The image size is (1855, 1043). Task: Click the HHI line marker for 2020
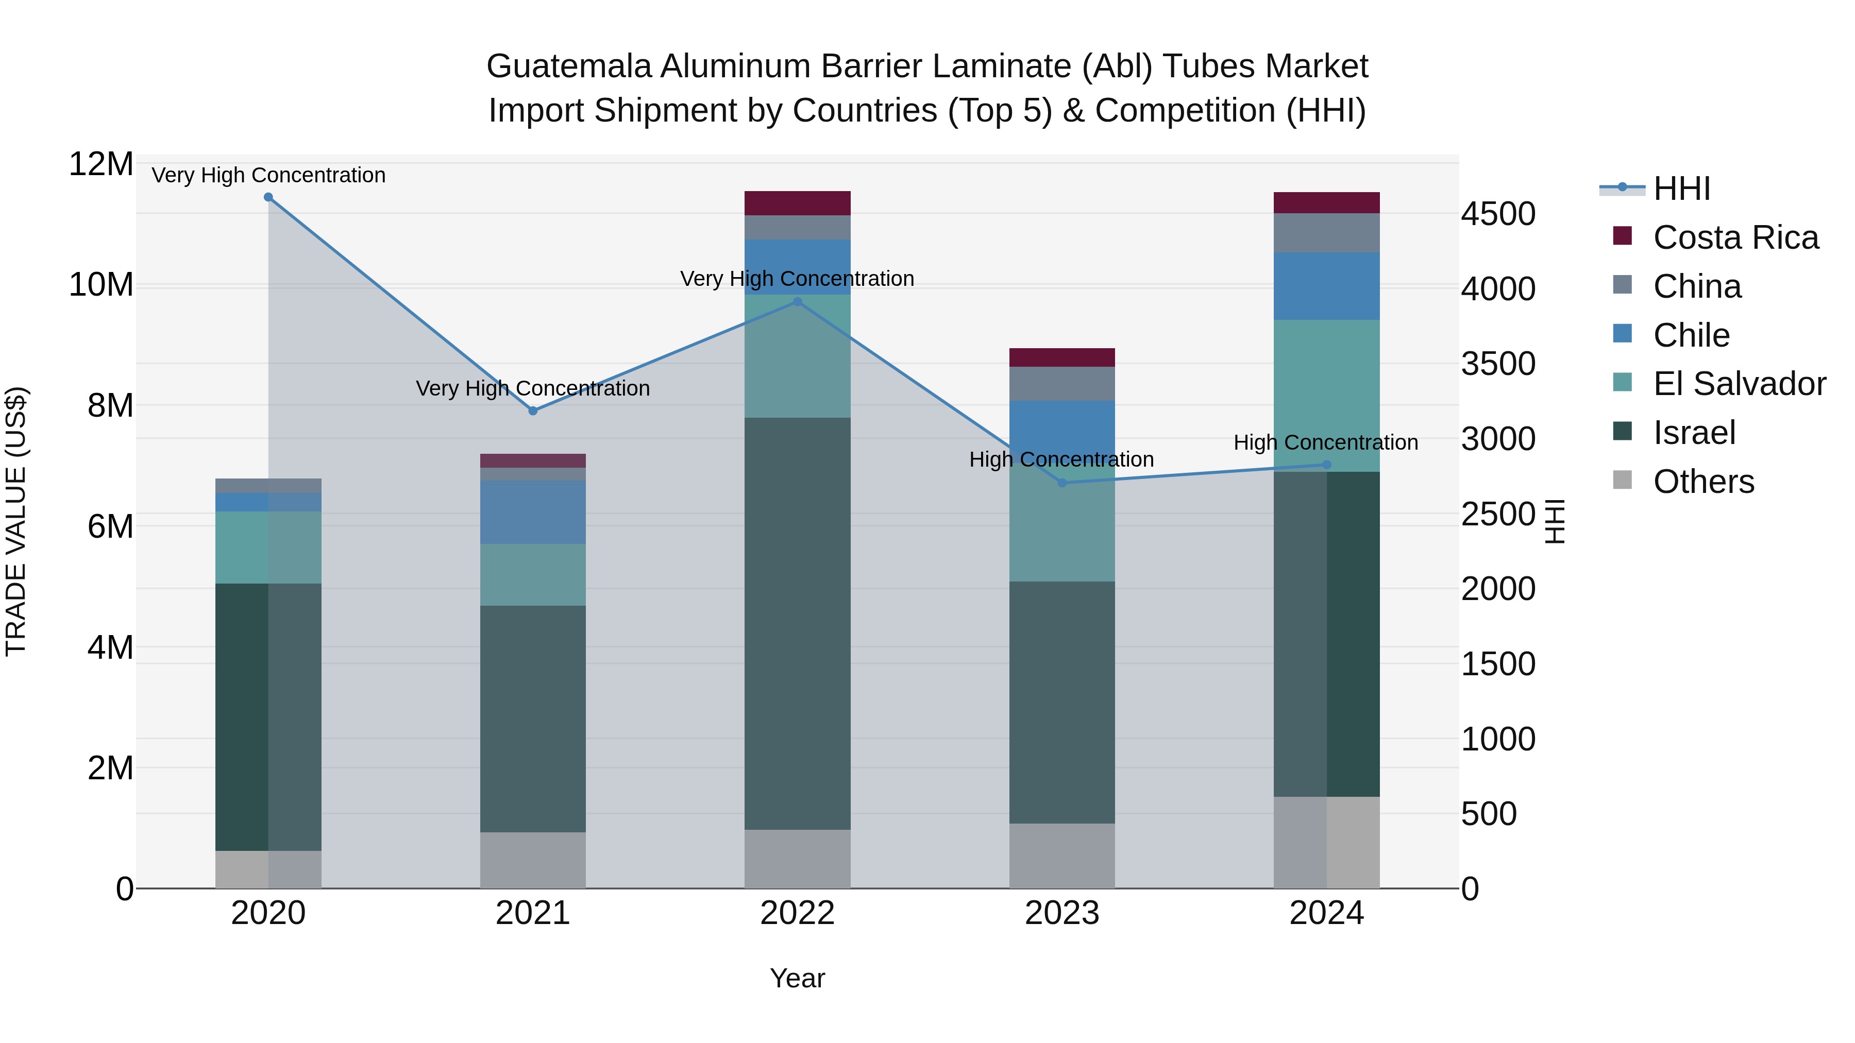268,197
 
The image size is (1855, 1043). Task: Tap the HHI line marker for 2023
1062,483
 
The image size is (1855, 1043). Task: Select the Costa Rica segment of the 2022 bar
797,203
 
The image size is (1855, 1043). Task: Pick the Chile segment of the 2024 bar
1326,286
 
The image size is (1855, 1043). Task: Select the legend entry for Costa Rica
1735,237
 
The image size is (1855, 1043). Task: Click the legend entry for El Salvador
1739,384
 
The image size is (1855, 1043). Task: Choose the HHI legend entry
1681,189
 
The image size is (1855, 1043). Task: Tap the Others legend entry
1703,482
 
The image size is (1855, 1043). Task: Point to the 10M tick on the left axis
101,285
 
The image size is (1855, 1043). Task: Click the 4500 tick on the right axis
1498,214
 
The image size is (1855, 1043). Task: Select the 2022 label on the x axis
797,913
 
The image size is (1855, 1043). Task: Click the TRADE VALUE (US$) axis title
16,521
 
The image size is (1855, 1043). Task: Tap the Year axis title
797,978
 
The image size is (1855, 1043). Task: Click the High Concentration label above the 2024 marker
1326,442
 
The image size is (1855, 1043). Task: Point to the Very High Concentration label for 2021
533,389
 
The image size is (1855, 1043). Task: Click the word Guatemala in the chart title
569,66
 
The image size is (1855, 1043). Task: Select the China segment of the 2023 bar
1062,384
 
